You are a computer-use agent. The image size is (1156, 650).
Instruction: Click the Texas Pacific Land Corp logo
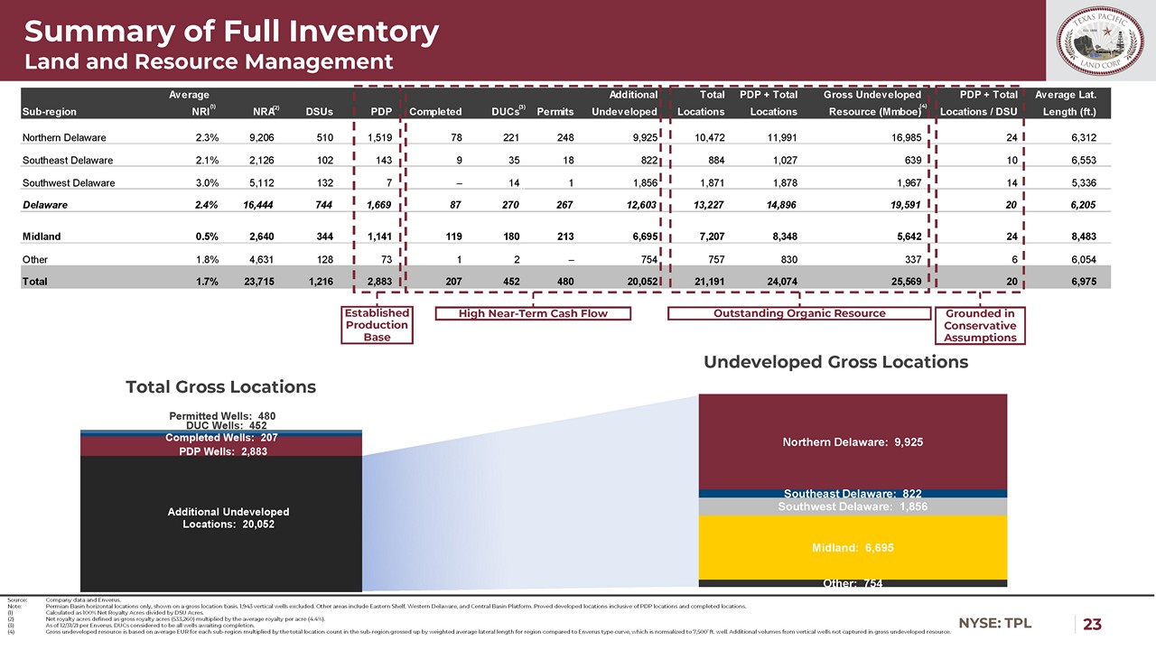pos(1100,42)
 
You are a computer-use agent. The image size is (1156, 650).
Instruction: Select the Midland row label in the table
pos(41,237)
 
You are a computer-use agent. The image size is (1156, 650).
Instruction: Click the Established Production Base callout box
pos(377,325)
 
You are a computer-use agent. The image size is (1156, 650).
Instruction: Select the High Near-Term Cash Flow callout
pos(533,313)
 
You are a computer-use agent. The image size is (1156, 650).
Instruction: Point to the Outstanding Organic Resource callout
pos(798,313)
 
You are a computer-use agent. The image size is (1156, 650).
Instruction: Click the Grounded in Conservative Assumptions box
pos(980,325)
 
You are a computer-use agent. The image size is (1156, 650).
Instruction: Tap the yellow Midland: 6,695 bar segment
pos(853,547)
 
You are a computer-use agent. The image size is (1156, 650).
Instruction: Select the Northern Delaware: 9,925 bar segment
pos(853,442)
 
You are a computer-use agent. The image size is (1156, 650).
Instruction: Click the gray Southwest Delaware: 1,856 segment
pos(853,506)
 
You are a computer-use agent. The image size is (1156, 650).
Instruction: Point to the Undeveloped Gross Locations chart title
pos(835,362)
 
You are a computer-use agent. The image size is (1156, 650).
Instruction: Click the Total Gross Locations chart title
pos(220,387)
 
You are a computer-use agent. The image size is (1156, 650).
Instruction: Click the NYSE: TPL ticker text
pos(994,623)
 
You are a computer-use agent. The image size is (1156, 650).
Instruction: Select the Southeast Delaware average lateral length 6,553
pos(1077,160)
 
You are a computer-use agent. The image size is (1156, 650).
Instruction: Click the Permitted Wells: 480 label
pos(221,416)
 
